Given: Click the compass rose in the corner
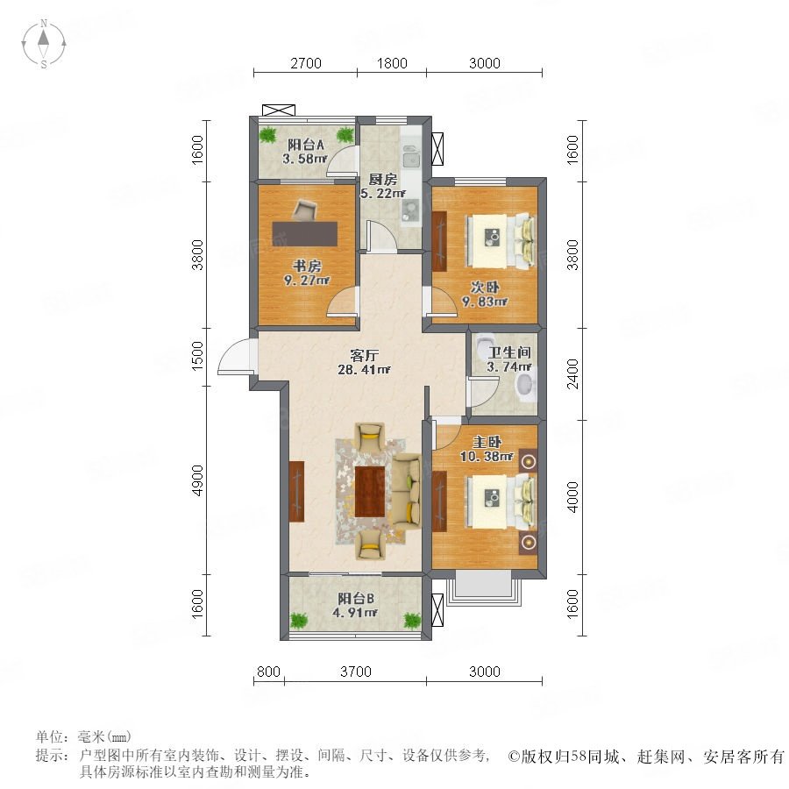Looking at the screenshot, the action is tap(44, 44).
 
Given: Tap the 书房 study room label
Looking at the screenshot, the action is tap(307, 266).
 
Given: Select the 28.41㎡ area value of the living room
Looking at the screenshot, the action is tap(364, 370).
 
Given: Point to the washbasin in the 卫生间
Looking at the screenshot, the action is tap(526, 387).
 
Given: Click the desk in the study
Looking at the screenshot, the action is tap(305, 233).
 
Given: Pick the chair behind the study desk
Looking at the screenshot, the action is tap(304, 210).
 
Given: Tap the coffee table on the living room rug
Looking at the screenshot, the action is tap(370, 492).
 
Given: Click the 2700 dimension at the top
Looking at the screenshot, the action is tap(306, 63).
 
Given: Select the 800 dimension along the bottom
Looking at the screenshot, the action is tap(268, 672).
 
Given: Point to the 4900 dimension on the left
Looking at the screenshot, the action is tap(197, 480).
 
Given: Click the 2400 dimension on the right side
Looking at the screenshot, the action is tap(572, 373).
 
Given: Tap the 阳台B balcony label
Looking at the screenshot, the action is tap(356, 599).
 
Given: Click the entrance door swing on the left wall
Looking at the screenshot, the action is tap(234, 356).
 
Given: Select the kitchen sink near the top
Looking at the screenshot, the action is tap(412, 156).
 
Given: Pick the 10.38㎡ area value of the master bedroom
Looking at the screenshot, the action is tap(487, 457).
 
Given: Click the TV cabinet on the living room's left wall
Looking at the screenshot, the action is tap(297, 491).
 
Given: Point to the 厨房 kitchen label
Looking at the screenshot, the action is tap(383, 179).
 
